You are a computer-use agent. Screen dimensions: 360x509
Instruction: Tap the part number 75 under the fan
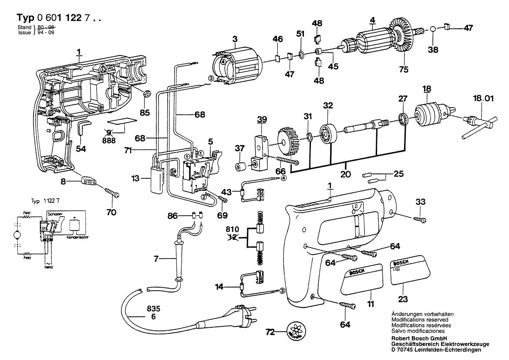[x=405, y=68]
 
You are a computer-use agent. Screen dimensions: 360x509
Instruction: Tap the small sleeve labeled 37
[x=239, y=167]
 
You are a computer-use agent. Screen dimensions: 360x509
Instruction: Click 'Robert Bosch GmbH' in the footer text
[x=418, y=337]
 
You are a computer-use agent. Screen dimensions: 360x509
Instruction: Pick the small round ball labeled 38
[x=433, y=29]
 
